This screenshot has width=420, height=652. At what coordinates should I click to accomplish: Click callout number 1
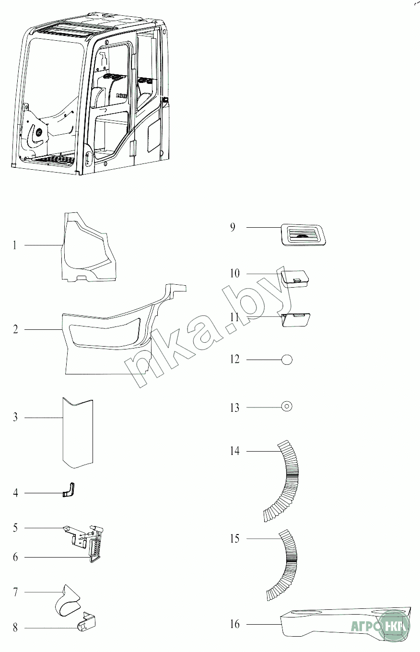[15, 245]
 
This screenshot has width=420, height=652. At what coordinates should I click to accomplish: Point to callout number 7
[15, 593]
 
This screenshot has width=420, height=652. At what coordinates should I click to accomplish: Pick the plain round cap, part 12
[286, 360]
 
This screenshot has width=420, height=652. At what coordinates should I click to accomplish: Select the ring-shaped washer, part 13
[286, 407]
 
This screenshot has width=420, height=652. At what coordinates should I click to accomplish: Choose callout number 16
[235, 624]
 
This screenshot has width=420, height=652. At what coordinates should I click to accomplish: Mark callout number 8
[15, 628]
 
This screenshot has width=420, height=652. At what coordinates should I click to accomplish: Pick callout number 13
[235, 408]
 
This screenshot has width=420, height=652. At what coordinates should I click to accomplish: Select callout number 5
[15, 528]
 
